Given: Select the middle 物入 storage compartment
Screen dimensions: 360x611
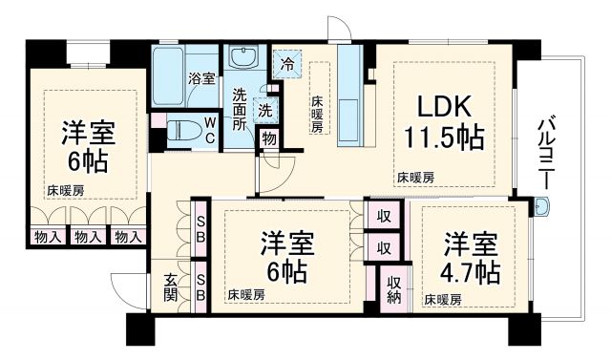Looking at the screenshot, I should click(88, 236).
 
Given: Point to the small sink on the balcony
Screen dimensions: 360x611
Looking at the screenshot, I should click(542, 206).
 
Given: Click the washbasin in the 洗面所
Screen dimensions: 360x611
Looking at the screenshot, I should click(247, 59).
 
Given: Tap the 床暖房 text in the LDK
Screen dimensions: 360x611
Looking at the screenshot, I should click(416, 177).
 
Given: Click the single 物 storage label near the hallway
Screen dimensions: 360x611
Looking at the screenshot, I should click(270, 138).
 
